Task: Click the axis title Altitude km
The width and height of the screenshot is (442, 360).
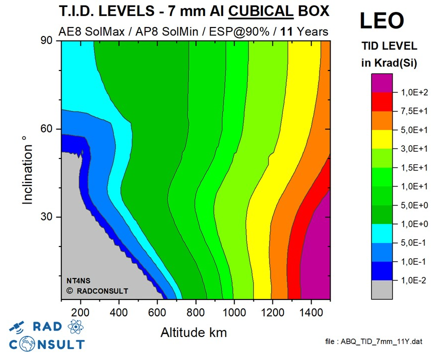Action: click(193, 331)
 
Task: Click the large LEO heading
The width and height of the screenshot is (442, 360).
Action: click(382, 20)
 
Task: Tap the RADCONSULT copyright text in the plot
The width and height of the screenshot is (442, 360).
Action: click(97, 290)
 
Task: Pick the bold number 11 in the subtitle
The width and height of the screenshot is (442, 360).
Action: click(286, 31)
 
